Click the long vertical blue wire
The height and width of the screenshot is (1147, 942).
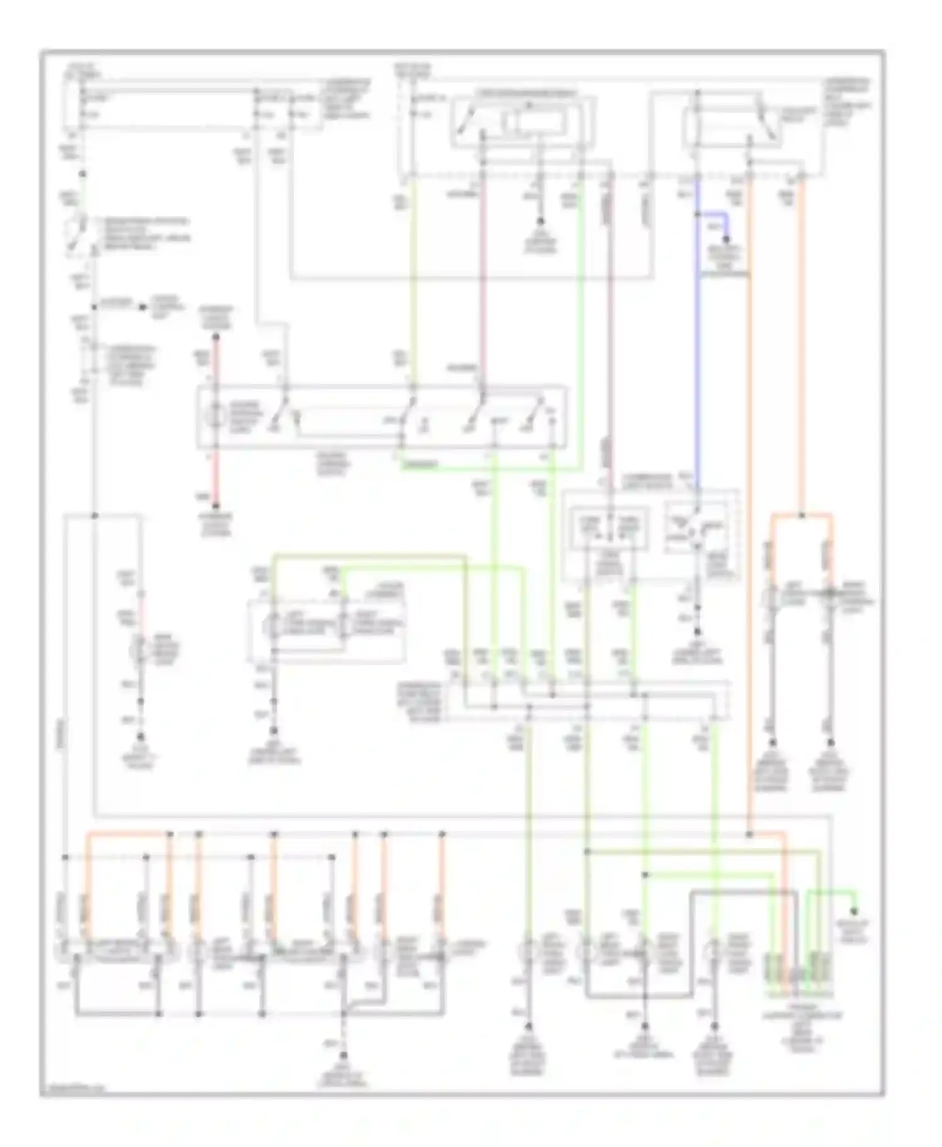click(696, 351)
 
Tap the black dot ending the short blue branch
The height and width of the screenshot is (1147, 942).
click(727, 240)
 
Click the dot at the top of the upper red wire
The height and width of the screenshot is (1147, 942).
click(215, 337)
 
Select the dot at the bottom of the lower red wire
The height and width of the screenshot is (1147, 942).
click(215, 506)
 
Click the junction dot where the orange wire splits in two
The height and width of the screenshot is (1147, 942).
click(802, 516)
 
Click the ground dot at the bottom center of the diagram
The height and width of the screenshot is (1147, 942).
click(344, 1055)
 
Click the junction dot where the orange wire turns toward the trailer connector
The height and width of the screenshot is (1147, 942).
click(749, 835)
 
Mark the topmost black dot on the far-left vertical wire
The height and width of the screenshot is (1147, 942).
click(82, 174)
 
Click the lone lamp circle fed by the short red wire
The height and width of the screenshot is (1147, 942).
click(140, 651)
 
